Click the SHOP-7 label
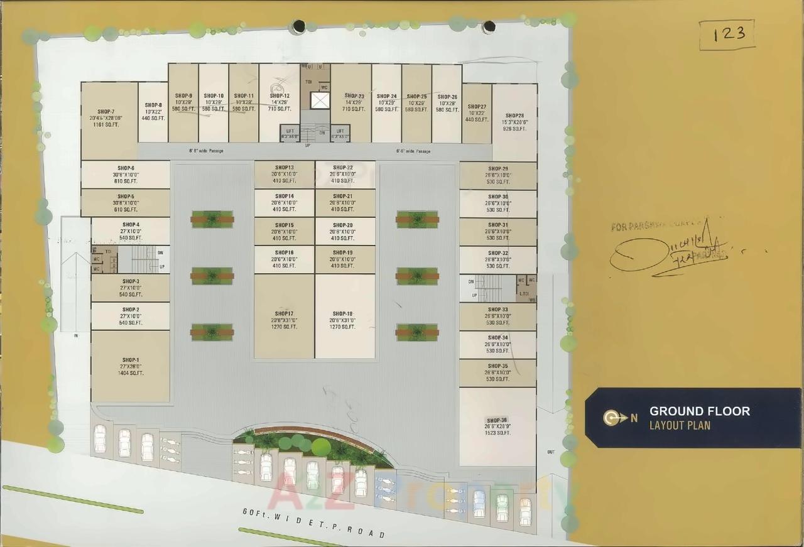point(106,111)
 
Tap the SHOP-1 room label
point(131,360)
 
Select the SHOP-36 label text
point(496,420)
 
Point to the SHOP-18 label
point(343,313)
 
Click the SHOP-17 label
point(284,313)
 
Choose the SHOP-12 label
point(280,96)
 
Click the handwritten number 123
point(729,34)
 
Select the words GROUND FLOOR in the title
point(699,411)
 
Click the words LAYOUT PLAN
point(680,426)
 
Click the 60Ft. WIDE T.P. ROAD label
point(314,523)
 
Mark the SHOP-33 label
point(497,310)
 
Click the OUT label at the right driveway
point(551,452)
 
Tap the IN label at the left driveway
point(76,336)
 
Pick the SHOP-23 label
point(354,96)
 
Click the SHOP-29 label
point(497,168)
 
